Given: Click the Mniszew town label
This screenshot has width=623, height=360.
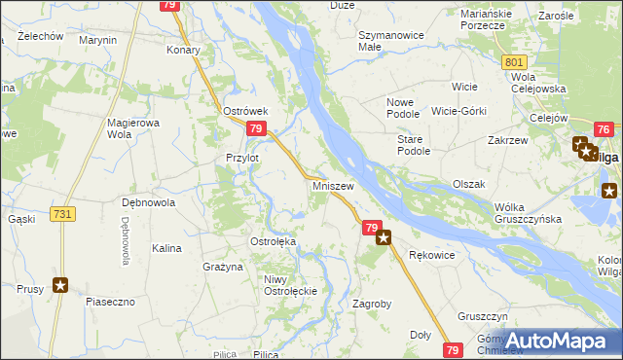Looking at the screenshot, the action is click(x=333, y=184).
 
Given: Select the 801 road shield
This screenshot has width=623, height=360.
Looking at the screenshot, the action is click(x=516, y=62).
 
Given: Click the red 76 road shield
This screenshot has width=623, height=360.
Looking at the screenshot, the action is click(x=604, y=130).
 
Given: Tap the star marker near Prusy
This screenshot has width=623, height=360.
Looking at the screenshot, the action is click(x=61, y=285).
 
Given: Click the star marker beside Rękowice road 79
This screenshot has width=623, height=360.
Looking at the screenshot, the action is click(x=384, y=236).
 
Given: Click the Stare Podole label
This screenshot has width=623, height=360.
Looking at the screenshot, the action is click(x=414, y=145).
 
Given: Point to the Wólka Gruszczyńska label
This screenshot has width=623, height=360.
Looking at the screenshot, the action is click(x=530, y=213).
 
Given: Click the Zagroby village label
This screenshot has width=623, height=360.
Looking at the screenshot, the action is click(x=371, y=304).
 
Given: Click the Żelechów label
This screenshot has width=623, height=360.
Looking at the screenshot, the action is click(x=41, y=36).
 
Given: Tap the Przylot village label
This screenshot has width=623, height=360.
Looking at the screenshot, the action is click(x=242, y=158).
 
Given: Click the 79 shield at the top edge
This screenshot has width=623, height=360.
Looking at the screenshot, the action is click(x=170, y=5).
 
